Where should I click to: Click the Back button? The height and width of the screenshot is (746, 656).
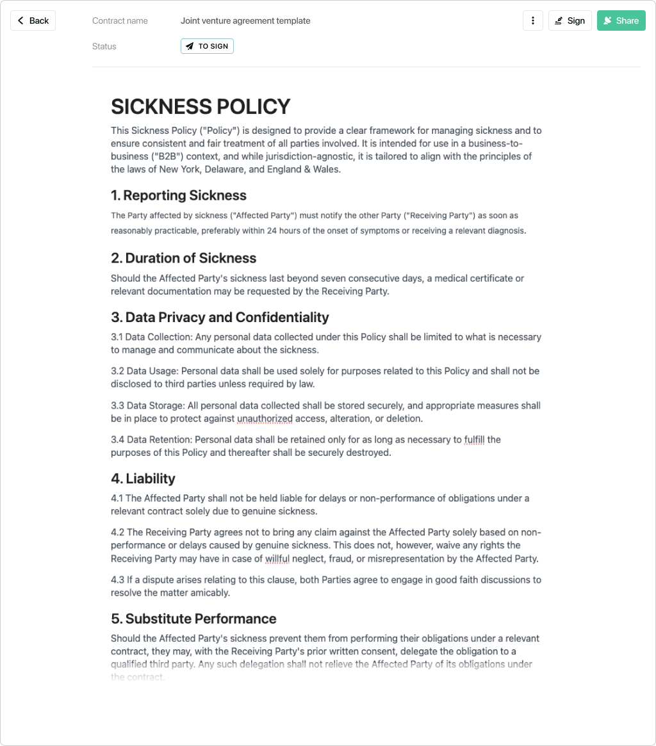(33, 20)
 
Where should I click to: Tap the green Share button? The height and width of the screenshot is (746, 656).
(621, 20)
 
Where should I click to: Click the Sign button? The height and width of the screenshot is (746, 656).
(570, 20)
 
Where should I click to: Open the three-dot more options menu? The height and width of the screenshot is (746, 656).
(533, 20)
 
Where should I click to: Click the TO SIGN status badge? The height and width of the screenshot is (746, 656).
(207, 46)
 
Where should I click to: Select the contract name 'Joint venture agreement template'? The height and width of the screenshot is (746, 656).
(245, 20)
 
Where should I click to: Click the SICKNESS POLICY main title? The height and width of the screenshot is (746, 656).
(201, 106)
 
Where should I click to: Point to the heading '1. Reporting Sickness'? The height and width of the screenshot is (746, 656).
(179, 195)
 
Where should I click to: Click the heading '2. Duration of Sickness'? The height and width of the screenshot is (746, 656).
(183, 258)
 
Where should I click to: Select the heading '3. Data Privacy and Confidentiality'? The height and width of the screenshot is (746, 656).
(220, 318)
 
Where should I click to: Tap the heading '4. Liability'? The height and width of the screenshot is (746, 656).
(143, 478)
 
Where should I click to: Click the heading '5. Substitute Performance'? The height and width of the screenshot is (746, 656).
(193, 619)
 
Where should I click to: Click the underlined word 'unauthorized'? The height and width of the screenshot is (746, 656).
(265, 419)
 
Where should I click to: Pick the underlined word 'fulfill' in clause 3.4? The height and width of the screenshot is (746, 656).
(474, 440)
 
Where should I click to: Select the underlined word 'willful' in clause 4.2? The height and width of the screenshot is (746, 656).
(277, 558)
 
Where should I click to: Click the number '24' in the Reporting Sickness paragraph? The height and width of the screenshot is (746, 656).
(273, 231)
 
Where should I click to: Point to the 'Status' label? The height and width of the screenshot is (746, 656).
(104, 46)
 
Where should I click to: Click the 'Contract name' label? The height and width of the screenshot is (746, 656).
(120, 20)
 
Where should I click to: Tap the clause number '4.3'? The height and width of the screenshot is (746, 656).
(118, 580)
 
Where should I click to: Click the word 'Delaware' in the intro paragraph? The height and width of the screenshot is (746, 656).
(231, 170)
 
